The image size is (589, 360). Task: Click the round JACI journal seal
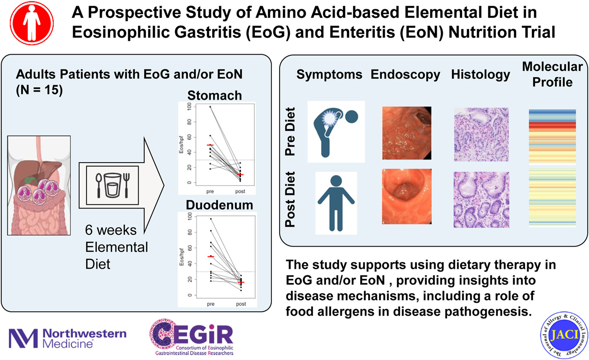pos(564,335)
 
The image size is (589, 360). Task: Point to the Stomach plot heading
pos(215,95)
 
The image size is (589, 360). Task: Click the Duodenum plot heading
pos(219,205)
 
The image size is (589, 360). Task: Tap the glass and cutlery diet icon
pos(112,185)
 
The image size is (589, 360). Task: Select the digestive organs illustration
pos(39,186)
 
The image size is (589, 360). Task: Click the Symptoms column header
pos(329,75)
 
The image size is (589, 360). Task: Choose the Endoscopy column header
pos(405,75)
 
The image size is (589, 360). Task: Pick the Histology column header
pos(480,75)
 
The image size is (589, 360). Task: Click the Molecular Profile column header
pos(552,74)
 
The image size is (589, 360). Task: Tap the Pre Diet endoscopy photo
pos(406,133)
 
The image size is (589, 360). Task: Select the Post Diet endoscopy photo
pos(406,197)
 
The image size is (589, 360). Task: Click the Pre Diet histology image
pos(481,134)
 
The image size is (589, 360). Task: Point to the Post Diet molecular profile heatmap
pos(552,197)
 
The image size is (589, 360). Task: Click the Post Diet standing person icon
pos(336,203)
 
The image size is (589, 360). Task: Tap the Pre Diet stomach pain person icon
pos(336,132)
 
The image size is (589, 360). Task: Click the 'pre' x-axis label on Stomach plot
pos(210,191)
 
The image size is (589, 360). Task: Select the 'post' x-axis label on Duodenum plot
pos(241,304)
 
